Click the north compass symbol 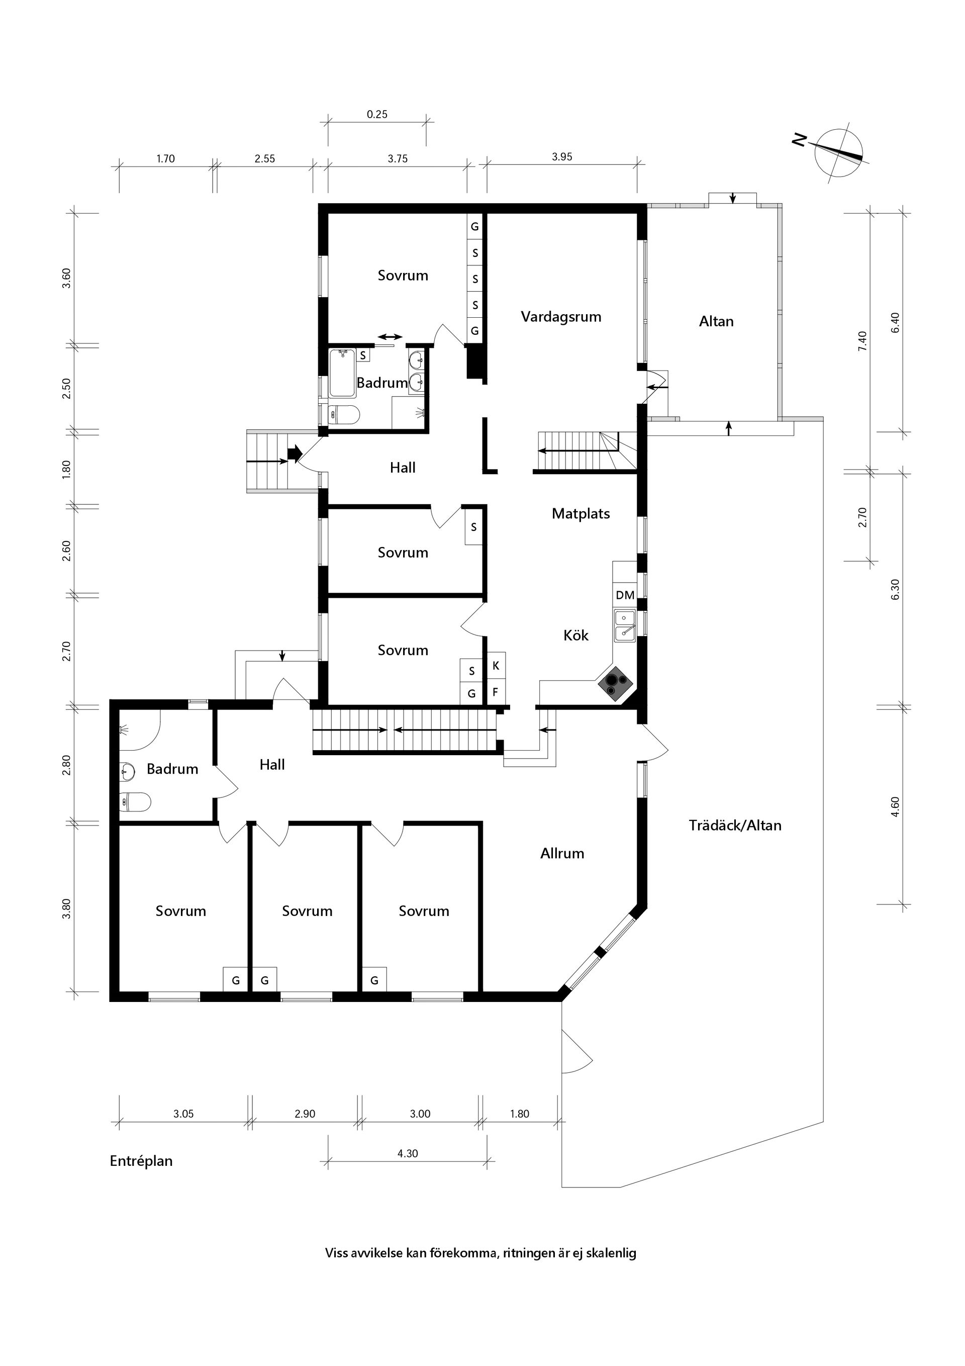tap(838, 152)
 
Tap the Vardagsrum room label tap(560, 317)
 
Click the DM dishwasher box tap(625, 594)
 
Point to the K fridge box tap(496, 666)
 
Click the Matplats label tap(581, 513)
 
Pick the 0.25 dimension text tap(376, 114)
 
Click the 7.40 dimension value tap(862, 341)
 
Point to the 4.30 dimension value tap(408, 1153)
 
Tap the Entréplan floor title tap(141, 1161)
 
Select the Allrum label tap(561, 853)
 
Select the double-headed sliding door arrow tap(391, 337)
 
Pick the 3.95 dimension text tap(561, 157)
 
